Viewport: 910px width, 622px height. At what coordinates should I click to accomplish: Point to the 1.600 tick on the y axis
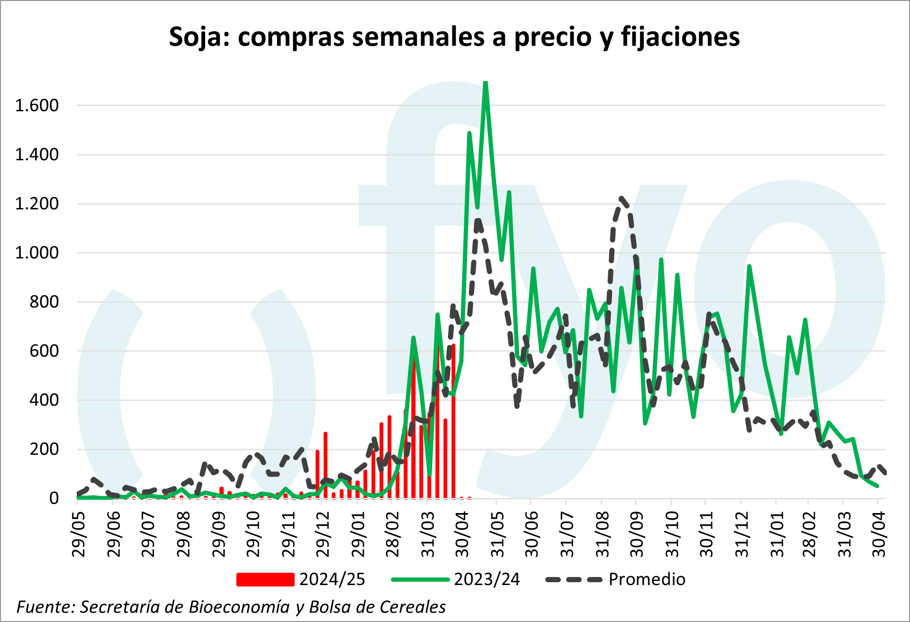click(x=37, y=105)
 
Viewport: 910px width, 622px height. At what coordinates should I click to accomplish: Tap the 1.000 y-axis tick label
click(x=37, y=252)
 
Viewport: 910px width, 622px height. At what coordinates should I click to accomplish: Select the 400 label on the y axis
click(x=44, y=400)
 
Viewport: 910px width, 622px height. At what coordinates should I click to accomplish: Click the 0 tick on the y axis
click(x=54, y=498)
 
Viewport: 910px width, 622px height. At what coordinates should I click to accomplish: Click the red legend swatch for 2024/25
click(x=265, y=579)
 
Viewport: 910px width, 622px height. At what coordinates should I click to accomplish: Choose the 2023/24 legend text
click(x=487, y=579)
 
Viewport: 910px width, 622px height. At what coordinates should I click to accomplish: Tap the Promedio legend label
click(x=647, y=579)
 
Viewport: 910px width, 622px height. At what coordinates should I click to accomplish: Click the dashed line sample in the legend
click(x=574, y=579)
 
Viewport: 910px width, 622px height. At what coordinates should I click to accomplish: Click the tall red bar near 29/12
click(x=325, y=464)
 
